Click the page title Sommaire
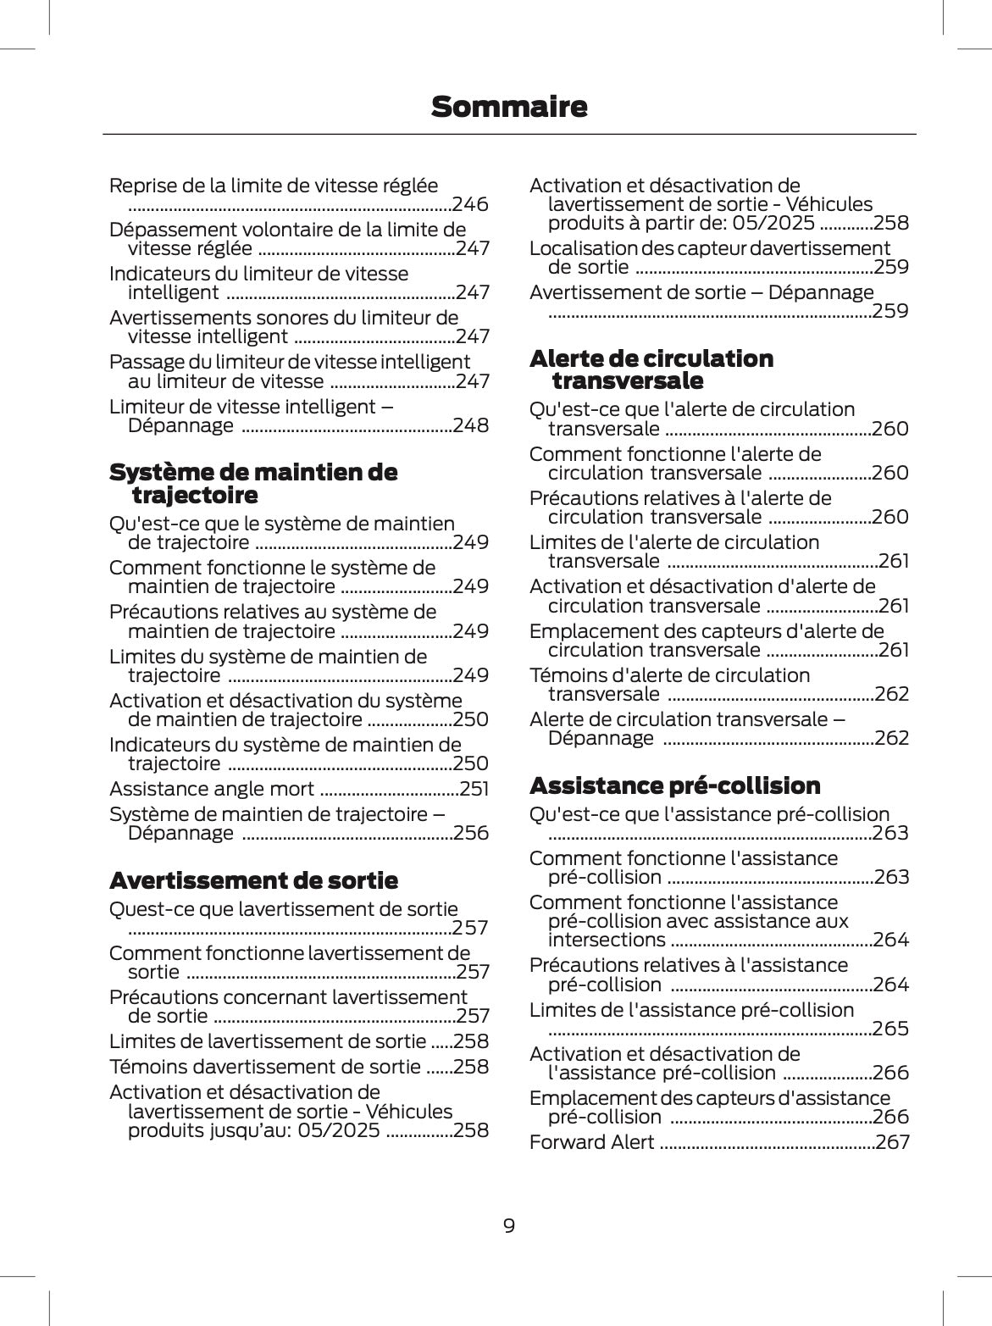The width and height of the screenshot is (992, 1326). click(508, 107)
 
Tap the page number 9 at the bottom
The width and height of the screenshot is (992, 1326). click(508, 1225)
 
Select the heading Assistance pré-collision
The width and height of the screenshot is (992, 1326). click(674, 785)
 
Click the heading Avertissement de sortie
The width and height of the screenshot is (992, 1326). click(253, 880)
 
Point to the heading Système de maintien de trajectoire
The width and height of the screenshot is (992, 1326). click(252, 483)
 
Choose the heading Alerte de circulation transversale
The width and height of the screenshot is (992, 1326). click(651, 369)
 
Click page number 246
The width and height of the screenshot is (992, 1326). click(470, 204)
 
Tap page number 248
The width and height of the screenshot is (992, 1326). click(471, 425)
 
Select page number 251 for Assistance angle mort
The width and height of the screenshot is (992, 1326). click(474, 789)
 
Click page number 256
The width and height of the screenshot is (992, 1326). click(471, 833)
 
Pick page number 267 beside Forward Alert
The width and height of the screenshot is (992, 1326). click(892, 1142)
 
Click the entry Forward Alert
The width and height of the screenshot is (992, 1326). click(591, 1142)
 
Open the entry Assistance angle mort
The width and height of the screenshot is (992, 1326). click(212, 789)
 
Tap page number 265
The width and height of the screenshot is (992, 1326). click(890, 1029)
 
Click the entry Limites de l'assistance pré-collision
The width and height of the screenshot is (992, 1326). click(691, 1010)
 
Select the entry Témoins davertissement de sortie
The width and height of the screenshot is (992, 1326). click(264, 1067)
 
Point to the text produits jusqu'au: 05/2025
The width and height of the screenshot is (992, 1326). click(253, 1130)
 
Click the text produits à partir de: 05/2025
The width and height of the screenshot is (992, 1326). click(681, 223)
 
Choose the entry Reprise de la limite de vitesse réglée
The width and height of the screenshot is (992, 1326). click(274, 186)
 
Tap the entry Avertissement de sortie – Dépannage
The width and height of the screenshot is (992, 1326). click(701, 292)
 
